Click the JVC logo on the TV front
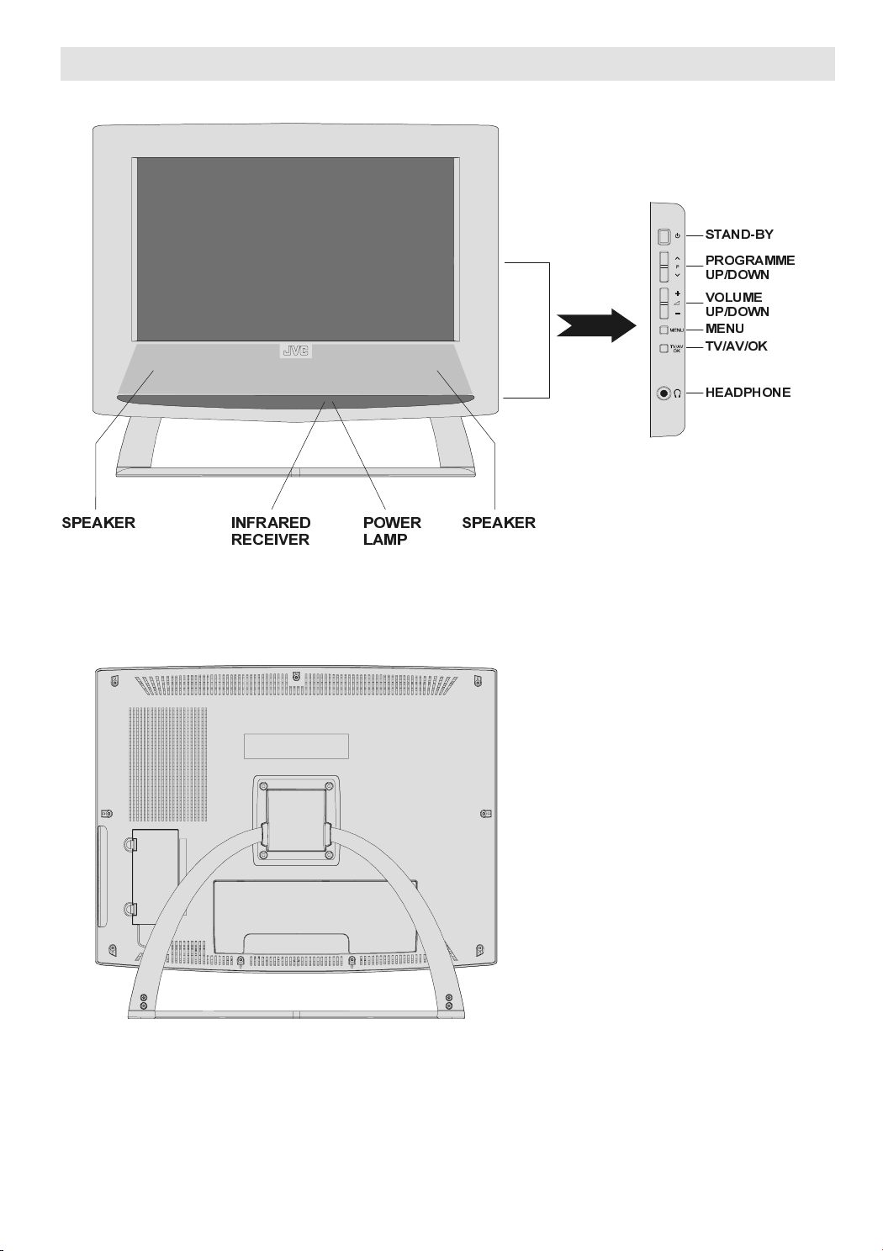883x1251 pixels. [x=295, y=351]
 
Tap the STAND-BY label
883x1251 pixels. [x=739, y=235]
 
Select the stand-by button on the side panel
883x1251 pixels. [x=664, y=236]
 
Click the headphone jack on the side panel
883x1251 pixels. [x=663, y=393]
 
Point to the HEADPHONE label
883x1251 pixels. [x=748, y=393]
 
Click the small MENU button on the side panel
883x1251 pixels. [x=664, y=330]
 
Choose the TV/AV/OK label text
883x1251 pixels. [x=736, y=346]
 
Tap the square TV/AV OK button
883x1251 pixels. [x=664, y=349]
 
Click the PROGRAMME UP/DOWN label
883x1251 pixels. [x=749, y=267]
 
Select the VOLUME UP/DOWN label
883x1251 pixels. [x=738, y=304]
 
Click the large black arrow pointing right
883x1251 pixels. [x=596, y=325]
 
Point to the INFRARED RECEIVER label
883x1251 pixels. [x=271, y=531]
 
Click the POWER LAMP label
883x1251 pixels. [x=392, y=531]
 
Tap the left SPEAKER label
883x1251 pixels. [x=98, y=523]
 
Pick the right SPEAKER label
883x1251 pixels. [x=499, y=523]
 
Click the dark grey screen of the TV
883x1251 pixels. [x=295, y=249]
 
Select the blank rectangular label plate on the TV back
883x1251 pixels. [x=296, y=746]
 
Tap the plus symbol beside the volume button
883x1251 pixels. [x=678, y=293]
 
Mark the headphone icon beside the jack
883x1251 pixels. [x=678, y=394]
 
